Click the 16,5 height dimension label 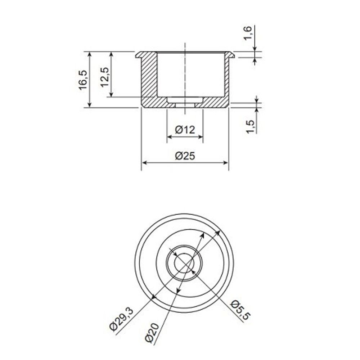[x=82, y=79]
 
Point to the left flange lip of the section [x=138, y=55]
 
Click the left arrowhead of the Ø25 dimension [x=144, y=163]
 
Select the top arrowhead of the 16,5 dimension [x=89, y=54]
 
